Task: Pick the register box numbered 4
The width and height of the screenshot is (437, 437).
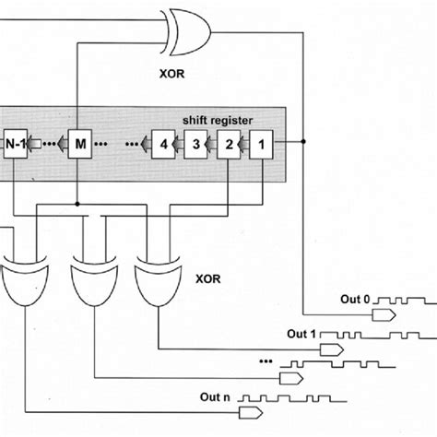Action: click(x=166, y=144)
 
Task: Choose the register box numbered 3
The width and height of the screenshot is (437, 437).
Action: click(x=197, y=144)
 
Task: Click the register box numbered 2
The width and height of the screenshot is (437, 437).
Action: click(x=229, y=144)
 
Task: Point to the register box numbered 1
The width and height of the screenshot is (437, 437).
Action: click(x=261, y=144)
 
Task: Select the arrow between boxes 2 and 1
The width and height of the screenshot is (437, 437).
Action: click(x=245, y=144)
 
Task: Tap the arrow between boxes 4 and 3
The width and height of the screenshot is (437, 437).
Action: click(x=182, y=144)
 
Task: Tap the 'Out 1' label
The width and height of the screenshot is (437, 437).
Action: click(x=300, y=333)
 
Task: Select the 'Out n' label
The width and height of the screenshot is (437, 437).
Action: click(x=216, y=396)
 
